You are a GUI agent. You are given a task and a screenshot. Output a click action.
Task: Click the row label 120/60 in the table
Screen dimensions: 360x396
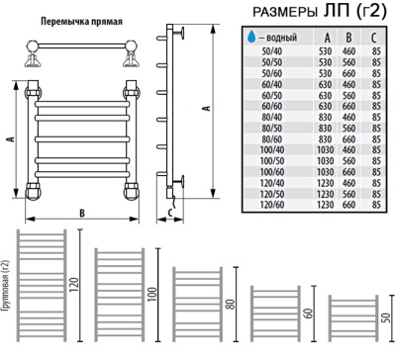(270, 206)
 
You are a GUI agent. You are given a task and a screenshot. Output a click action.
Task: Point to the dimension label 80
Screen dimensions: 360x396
(229, 308)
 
